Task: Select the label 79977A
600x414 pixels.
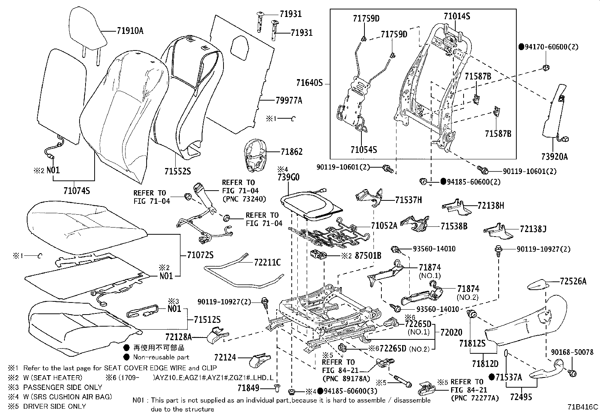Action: coord(289,101)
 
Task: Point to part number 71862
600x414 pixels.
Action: coord(291,152)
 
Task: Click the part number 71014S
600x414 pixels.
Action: coord(456,17)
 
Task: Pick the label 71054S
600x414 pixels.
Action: coord(363,150)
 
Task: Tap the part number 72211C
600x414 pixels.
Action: coord(267,262)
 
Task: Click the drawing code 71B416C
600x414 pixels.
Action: coord(583,407)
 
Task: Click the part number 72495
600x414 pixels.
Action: coord(521,397)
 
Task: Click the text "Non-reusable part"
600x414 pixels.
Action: coord(161,357)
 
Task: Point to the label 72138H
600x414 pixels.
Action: coord(491,206)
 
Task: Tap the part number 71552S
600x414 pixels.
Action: coord(177,171)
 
